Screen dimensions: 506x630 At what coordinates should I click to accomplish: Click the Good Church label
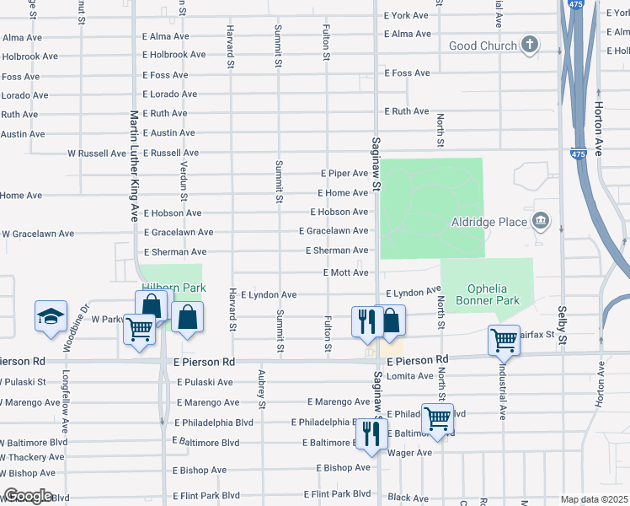(x=483, y=46)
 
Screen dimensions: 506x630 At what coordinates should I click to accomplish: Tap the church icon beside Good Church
(x=530, y=45)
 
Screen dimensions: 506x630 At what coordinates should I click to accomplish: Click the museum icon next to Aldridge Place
(x=540, y=222)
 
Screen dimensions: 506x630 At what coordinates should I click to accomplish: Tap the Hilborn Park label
(x=174, y=287)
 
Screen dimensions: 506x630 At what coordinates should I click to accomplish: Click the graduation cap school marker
(x=51, y=316)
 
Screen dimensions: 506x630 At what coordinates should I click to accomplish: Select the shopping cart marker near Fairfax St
(x=504, y=340)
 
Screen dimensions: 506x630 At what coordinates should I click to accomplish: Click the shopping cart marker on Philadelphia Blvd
(x=437, y=417)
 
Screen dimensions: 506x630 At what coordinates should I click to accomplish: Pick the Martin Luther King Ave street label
(x=133, y=165)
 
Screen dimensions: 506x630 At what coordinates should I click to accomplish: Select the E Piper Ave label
(x=344, y=173)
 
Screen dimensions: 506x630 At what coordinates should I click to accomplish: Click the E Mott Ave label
(x=346, y=273)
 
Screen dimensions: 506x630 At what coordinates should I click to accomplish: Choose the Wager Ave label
(x=410, y=453)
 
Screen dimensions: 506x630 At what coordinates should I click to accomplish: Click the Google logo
(x=27, y=496)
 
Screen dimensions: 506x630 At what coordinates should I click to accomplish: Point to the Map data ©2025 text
(x=594, y=499)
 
